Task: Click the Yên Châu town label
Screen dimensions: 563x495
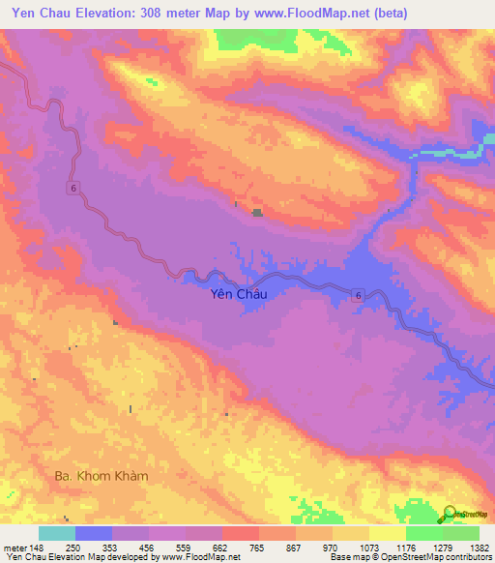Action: [237, 298]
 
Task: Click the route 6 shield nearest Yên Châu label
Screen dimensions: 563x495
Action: [357, 294]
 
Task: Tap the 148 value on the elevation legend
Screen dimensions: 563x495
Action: [35, 547]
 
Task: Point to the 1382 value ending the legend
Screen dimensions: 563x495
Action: [479, 547]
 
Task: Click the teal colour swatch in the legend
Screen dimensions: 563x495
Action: [56, 533]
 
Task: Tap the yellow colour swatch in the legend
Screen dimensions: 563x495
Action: [388, 533]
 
